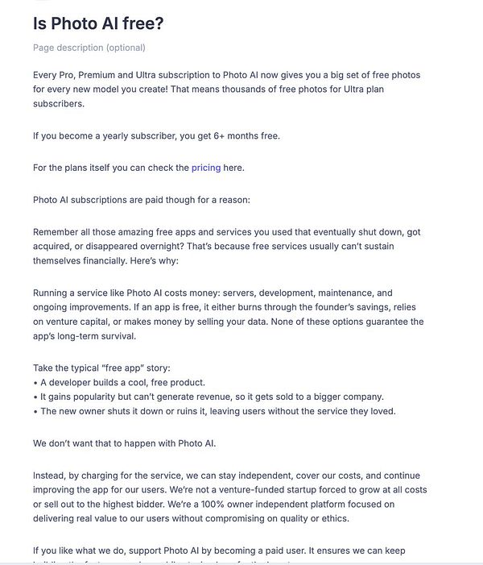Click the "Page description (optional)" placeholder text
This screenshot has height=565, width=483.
pyautogui.click(x=89, y=48)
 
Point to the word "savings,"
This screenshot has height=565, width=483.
pyautogui.click(x=361, y=308)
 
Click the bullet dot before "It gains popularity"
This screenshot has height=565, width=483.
pyautogui.click(x=35, y=396)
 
